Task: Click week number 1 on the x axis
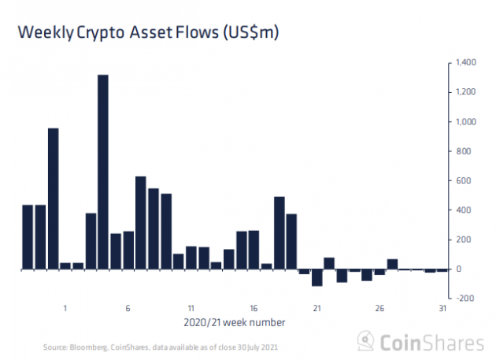(x=65, y=308)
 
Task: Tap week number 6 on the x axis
(x=128, y=308)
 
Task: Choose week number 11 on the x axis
(x=191, y=308)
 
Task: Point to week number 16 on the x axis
(x=254, y=308)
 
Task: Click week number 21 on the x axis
(x=316, y=308)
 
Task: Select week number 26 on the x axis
(x=379, y=308)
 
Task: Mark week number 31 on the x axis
(x=442, y=308)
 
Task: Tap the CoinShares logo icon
(x=365, y=341)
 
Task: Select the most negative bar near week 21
(x=317, y=277)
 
